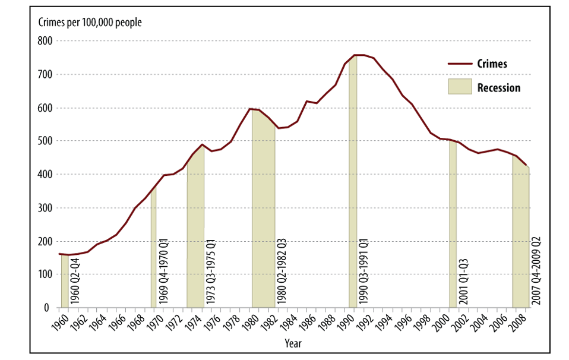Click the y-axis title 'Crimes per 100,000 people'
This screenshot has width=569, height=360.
(x=90, y=23)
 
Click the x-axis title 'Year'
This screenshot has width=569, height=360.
(x=293, y=343)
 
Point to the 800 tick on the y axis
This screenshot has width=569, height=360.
(x=45, y=41)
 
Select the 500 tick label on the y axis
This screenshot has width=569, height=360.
(x=45, y=141)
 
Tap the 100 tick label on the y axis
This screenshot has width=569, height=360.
(x=45, y=274)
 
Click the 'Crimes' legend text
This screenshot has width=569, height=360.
(x=492, y=64)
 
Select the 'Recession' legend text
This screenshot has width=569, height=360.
(x=499, y=88)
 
